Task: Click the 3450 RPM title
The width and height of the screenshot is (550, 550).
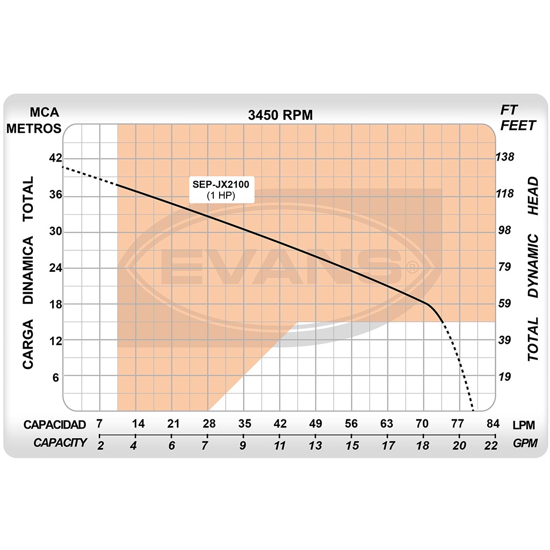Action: pyautogui.click(x=280, y=115)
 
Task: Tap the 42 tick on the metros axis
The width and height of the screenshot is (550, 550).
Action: pyautogui.click(x=56, y=158)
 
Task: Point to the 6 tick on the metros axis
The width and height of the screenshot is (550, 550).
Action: pyautogui.click(x=56, y=377)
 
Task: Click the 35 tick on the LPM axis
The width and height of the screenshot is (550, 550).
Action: pyautogui.click(x=244, y=424)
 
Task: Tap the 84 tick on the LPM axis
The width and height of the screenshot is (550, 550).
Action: pyautogui.click(x=493, y=424)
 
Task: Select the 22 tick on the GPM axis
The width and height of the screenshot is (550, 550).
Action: pyautogui.click(x=491, y=445)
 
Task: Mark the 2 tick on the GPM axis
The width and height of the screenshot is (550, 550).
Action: pyautogui.click(x=100, y=445)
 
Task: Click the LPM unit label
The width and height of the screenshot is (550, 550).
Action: pyautogui.click(x=524, y=425)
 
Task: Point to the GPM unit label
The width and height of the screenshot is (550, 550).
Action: pyautogui.click(x=524, y=444)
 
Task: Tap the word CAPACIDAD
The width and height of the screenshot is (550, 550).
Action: pyautogui.click(x=55, y=424)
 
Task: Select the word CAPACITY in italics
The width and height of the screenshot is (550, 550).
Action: pyautogui.click(x=60, y=443)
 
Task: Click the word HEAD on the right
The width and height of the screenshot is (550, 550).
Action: pyautogui.click(x=533, y=197)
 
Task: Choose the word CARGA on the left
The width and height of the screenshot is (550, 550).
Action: pyautogui.click(x=28, y=344)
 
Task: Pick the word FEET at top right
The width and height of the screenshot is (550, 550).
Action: pyautogui.click(x=518, y=126)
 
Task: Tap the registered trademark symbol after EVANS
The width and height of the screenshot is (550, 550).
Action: pyautogui.click(x=411, y=267)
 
